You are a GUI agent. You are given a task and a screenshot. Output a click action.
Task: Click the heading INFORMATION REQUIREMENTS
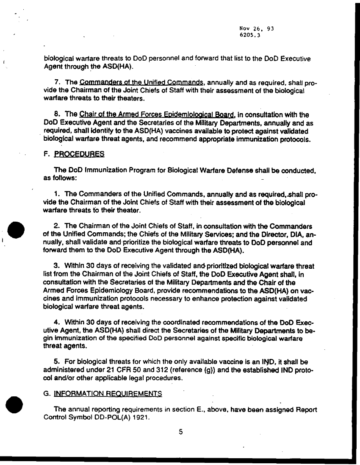[108, 394]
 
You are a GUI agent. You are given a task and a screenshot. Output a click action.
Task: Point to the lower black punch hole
[16, 404]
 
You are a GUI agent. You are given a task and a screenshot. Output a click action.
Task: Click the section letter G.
[47, 394]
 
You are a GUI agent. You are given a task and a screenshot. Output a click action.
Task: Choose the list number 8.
[57, 114]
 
